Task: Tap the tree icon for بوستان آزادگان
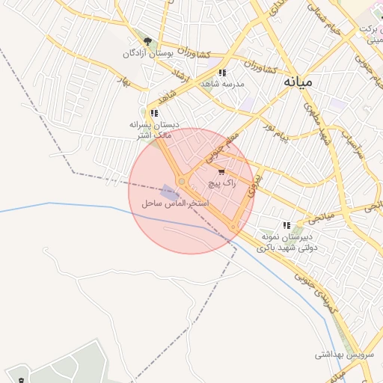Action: [x=148, y=42]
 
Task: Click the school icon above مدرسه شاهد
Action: [x=222, y=73]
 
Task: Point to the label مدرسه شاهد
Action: [x=222, y=84]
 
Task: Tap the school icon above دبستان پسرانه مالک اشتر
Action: [x=154, y=113]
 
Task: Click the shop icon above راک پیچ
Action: [x=221, y=171]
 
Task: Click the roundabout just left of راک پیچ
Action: [x=182, y=182]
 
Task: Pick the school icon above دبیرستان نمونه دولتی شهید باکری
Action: [x=287, y=225]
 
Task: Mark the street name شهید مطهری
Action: [x=314, y=120]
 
